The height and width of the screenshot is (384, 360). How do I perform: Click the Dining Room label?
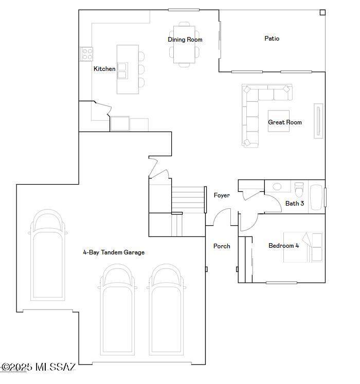185,40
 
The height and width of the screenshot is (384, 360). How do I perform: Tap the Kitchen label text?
104,69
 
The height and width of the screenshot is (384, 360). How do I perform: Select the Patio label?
272,39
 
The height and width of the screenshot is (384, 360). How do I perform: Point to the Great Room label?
285,122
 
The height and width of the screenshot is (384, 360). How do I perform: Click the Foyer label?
222,195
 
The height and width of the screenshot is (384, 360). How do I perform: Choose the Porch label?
222,246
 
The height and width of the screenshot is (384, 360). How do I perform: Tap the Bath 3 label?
295,203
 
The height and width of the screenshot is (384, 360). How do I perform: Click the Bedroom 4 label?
284,246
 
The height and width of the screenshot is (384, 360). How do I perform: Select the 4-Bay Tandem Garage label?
114,252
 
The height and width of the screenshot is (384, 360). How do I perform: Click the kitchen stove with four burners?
87,54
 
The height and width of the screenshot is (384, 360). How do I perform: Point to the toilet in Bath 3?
299,189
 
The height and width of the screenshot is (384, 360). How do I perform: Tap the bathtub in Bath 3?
316,197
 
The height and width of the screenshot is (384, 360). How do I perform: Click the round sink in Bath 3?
277,187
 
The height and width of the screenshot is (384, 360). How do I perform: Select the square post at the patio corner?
322,12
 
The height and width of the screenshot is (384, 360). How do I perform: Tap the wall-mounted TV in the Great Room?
318,121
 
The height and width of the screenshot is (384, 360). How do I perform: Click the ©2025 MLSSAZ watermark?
39,367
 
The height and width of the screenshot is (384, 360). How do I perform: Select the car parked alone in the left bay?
48,255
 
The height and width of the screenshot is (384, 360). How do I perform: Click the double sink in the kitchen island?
122,71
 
